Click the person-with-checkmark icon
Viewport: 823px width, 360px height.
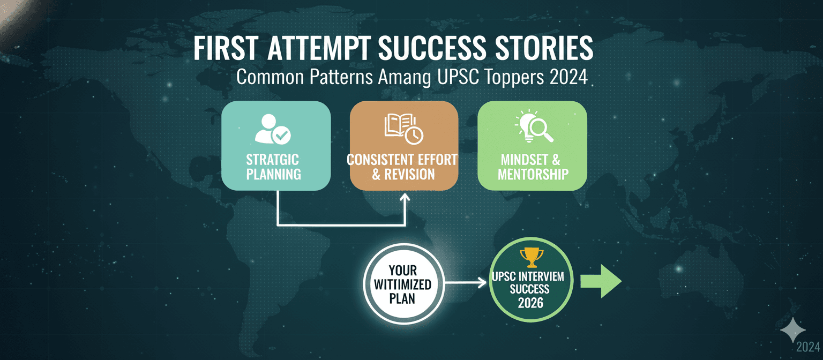pos(273,129)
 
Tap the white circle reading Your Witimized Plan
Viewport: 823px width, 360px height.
pos(403,283)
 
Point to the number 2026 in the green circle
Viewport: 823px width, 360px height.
pos(532,302)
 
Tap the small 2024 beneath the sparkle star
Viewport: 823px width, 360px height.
pos(807,347)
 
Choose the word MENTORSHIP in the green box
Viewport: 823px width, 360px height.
pos(533,174)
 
